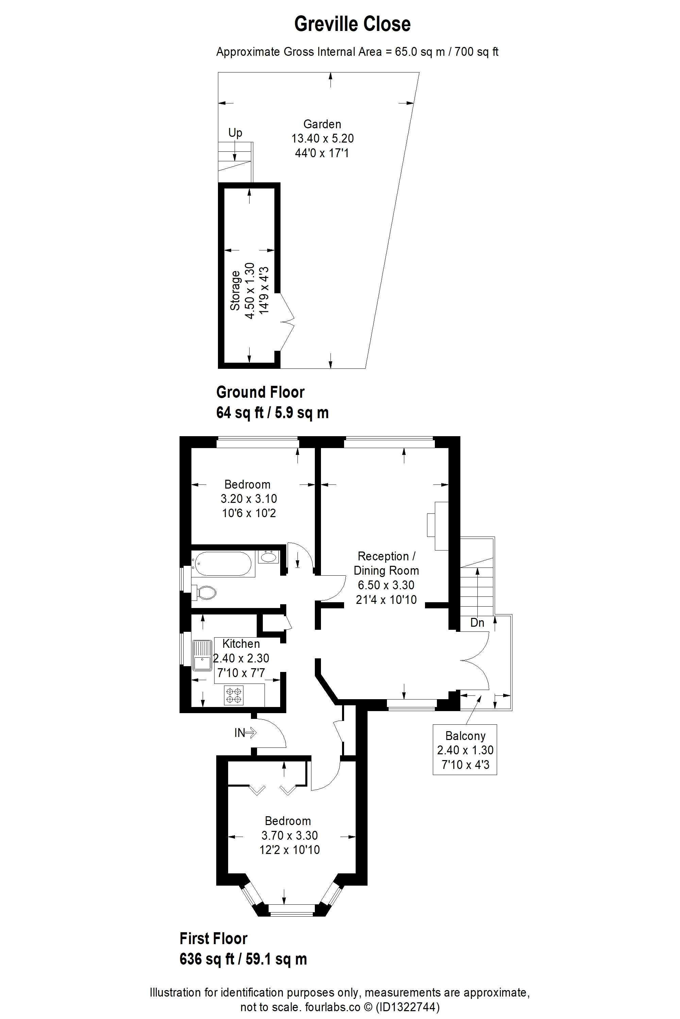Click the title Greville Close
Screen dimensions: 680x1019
point(352,24)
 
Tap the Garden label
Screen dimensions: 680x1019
point(322,124)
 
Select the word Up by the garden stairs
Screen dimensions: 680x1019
point(235,132)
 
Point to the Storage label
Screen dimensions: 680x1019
point(235,290)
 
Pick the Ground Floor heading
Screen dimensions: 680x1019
point(260,392)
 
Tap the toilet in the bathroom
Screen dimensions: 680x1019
point(204,592)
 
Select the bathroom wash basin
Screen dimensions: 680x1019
point(269,556)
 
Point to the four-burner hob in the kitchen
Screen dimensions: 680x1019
point(234,694)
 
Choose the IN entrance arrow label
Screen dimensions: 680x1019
point(245,733)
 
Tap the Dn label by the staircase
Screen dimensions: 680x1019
point(477,623)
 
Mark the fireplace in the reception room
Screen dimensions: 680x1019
point(438,526)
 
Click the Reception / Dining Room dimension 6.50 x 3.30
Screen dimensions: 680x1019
point(386,585)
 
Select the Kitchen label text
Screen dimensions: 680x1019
point(241,644)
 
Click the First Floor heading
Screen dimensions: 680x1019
point(214,938)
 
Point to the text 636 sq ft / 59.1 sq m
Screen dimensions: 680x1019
point(243,959)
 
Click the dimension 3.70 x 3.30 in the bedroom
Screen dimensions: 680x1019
point(290,835)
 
